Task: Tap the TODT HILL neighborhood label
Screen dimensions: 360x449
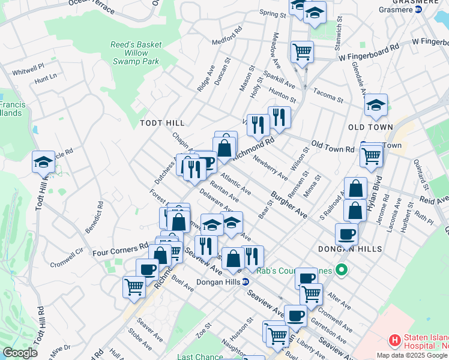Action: pos(161,122)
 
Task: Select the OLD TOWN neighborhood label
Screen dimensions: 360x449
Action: pos(370,127)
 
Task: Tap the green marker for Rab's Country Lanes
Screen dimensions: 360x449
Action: pos(342,271)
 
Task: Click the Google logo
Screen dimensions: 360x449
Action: pos(20,353)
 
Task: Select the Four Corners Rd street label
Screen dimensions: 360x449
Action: pos(120,250)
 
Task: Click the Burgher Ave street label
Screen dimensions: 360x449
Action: pos(289,205)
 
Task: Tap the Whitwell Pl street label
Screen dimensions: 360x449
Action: pos(28,69)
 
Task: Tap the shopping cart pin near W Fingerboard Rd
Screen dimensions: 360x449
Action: pos(302,51)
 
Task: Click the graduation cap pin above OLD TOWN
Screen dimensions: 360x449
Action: pos(376,105)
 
